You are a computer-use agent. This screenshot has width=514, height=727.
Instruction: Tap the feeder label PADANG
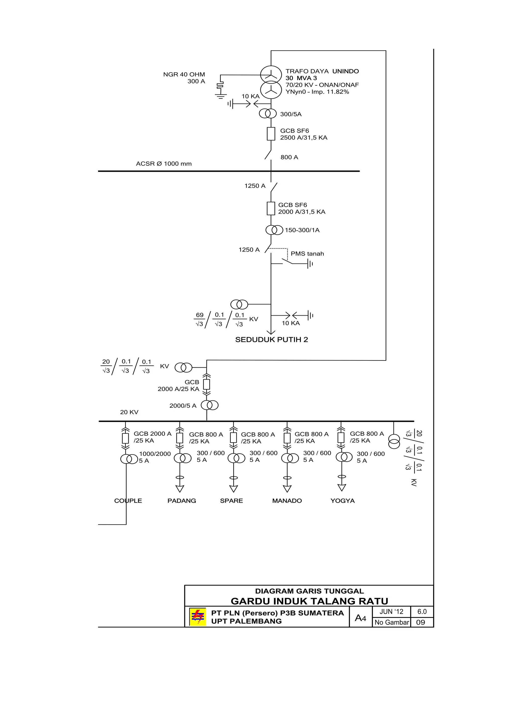[x=182, y=501]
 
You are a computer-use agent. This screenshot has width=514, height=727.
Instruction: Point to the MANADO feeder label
[x=287, y=501]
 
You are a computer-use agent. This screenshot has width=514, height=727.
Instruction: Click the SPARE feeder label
[x=231, y=501]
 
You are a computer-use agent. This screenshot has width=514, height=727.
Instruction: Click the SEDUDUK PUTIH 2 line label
[x=272, y=340]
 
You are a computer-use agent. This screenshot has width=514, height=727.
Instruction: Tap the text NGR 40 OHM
[x=184, y=74]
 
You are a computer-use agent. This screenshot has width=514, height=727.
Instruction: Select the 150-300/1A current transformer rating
[x=302, y=230]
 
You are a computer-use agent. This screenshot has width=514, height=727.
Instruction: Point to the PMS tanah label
[x=307, y=254]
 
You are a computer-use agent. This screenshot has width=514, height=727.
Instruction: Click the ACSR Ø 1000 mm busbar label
[x=164, y=164]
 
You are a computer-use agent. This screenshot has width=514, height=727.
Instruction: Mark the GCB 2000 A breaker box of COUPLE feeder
[x=125, y=439]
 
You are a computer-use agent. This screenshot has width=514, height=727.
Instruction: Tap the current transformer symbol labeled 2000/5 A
[x=210, y=405]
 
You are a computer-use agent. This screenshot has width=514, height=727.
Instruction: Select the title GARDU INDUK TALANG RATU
[x=309, y=601]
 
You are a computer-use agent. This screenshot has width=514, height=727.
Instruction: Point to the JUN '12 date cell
[x=391, y=612]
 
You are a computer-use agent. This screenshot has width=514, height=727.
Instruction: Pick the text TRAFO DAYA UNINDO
[x=322, y=71]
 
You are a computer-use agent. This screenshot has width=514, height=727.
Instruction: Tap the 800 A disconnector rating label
[x=289, y=157]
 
